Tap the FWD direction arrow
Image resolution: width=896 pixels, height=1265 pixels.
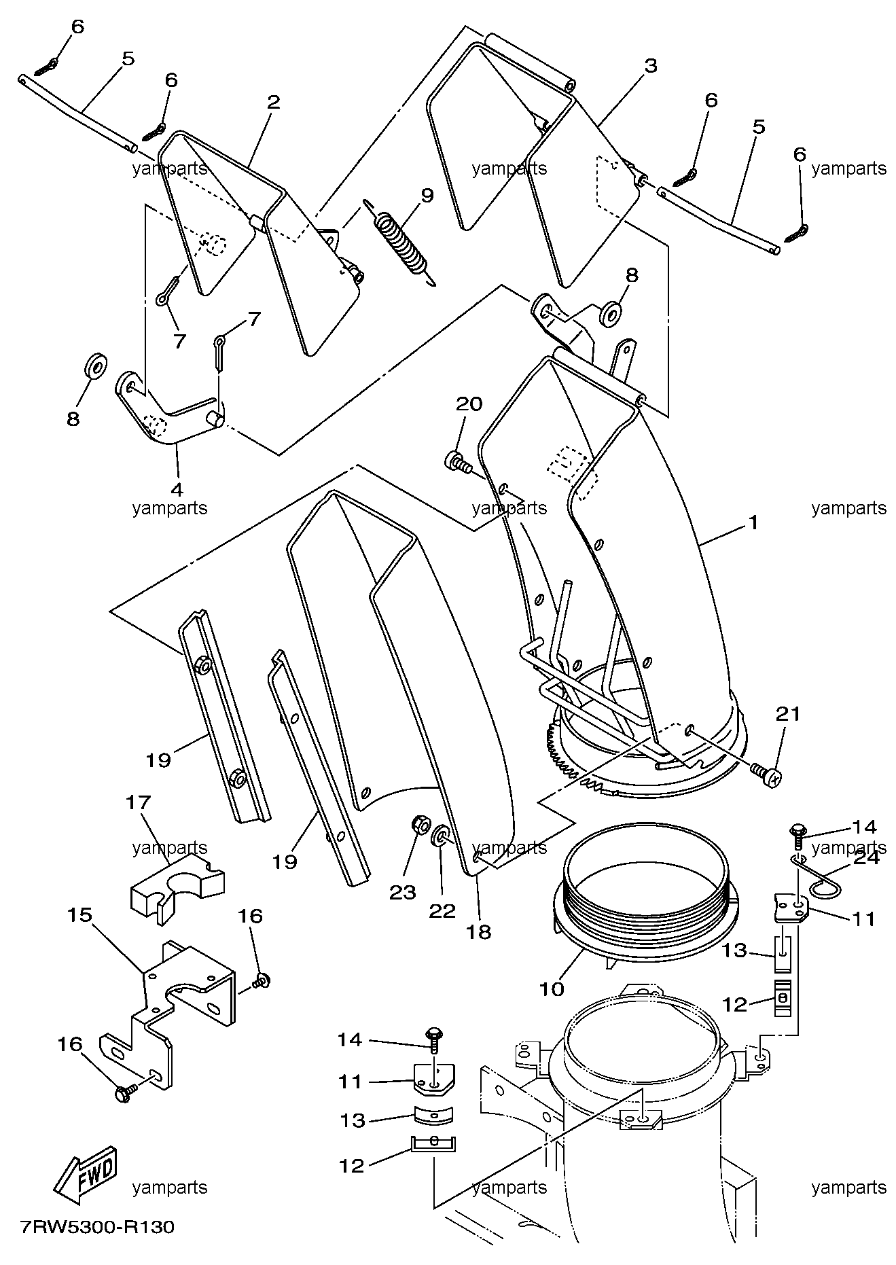[86, 1173]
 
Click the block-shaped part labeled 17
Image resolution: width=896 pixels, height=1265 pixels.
[177, 888]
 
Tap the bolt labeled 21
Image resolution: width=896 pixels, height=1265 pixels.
[766, 773]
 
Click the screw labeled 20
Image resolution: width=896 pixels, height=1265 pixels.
[459, 462]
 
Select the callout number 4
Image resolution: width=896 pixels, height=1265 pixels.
[177, 488]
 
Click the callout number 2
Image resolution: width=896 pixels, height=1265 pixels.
[273, 103]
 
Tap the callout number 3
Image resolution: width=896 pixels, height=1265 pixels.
[650, 66]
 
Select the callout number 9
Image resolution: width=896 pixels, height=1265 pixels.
[427, 196]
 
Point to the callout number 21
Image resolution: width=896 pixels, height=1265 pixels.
[788, 713]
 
